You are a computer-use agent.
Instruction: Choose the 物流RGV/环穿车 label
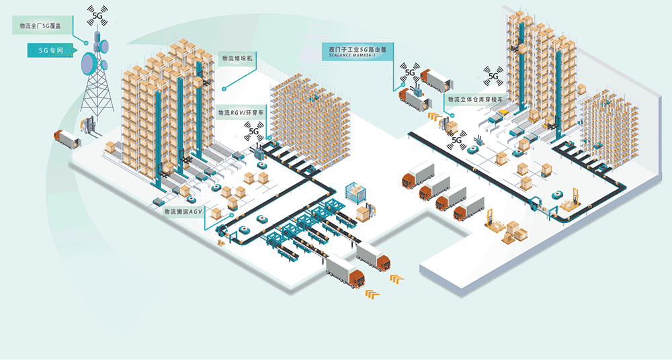240,113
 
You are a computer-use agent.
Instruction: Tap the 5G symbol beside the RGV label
254,130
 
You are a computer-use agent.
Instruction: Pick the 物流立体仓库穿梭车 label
476,99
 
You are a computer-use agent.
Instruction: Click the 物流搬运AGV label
183,212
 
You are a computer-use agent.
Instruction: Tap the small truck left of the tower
66,139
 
